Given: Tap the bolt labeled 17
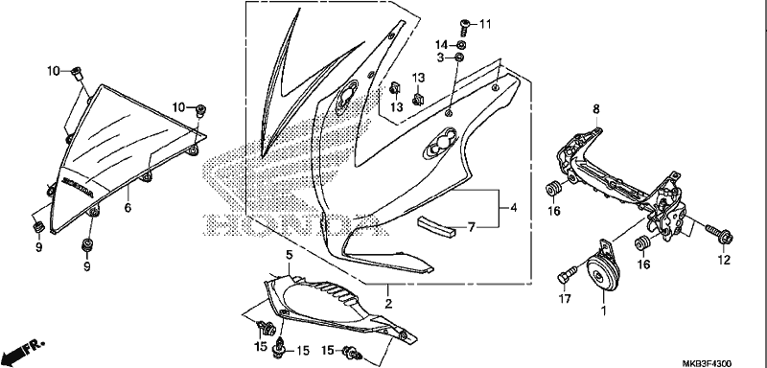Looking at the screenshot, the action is (x=569, y=274).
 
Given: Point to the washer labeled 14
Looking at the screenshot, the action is (x=461, y=45).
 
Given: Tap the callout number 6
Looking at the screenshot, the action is (x=128, y=208).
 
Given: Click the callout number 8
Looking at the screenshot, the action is (x=595, y=109).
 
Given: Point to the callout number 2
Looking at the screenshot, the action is (x=388, y=304).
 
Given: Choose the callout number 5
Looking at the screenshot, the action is (x=290, y=255).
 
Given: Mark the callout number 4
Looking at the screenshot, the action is (x=513, y=208).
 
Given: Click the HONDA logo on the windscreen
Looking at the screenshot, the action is (x=77, y=187).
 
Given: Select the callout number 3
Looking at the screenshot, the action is (x=440, y=58).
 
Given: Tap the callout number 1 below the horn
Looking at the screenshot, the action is (x=603, y=310).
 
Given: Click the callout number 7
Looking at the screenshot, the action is (x=471, y=227).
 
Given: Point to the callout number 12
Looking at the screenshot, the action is (x=724, y=261).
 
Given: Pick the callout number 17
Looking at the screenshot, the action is (x=565, y=299).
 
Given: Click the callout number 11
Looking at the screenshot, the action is (x=485, y=24).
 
